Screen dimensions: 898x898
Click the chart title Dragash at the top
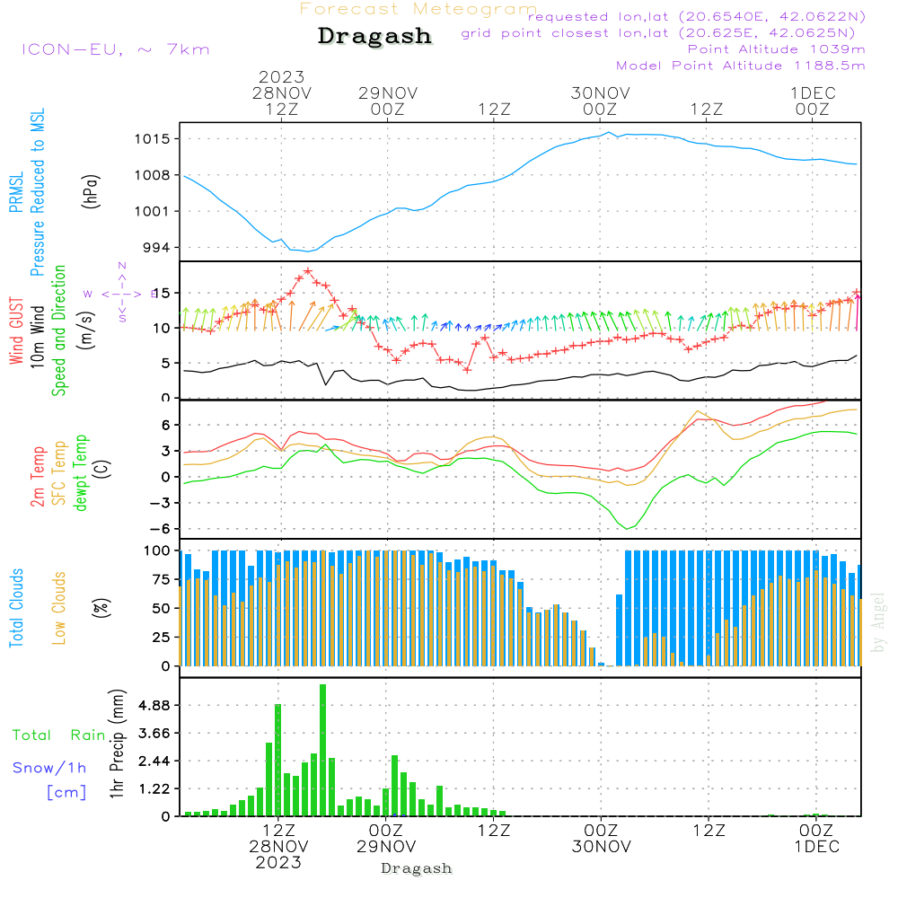(374, 37)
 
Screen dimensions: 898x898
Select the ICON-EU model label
(115, 49)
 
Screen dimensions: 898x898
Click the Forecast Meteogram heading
(418, 9)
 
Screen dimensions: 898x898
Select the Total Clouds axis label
(16, 608)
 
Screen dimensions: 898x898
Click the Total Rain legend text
(59, 735)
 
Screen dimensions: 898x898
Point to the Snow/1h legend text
(50, 768)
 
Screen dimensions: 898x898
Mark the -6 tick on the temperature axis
(165, 529)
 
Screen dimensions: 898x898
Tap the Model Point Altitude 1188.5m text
(741, 66)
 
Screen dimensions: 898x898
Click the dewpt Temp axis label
(81, 473)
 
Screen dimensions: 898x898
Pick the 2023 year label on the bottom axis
(278, 863)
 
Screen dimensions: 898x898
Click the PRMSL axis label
(16, 193)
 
